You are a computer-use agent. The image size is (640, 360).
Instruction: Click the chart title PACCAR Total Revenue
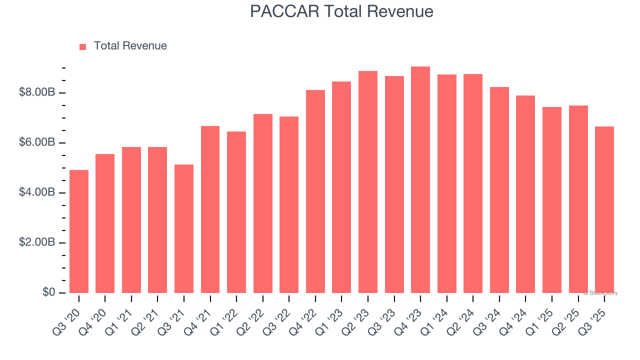click(341, 11)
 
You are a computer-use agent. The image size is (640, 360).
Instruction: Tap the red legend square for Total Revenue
click(83, 46)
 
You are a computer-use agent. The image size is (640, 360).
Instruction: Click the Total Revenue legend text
click(130, 46)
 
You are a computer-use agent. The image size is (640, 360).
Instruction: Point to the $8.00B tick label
click(36, 93)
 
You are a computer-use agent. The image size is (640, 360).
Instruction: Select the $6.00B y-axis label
click(36, 143)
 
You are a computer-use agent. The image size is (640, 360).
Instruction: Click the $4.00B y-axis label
click(36, 192)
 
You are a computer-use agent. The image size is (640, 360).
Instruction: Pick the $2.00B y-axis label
click(36, 242)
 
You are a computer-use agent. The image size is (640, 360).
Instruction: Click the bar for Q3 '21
click(184, 228)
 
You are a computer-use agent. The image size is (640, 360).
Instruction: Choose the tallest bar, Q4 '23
click(420, 180)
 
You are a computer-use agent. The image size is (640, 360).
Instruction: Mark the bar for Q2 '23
click(368, 182)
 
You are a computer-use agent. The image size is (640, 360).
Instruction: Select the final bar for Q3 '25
click(604, 210)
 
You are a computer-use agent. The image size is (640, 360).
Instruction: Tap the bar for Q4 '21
click(210, 209)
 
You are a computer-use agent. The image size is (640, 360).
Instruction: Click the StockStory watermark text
click(600, 293)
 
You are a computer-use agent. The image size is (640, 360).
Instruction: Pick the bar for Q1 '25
click(551, 200)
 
